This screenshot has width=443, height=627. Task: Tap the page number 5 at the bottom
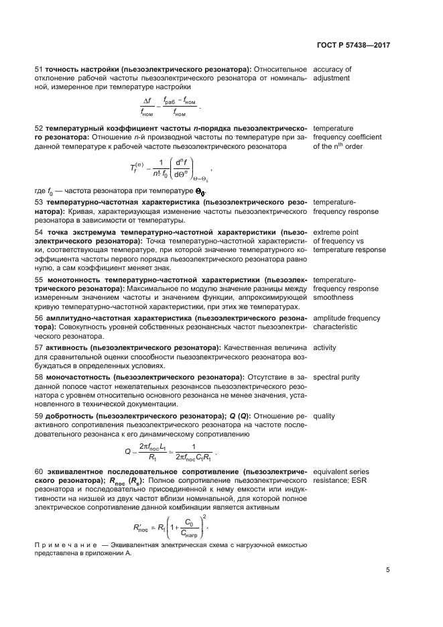click(x=388, y=570)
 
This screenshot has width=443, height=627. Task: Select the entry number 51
click(x=38, y=69)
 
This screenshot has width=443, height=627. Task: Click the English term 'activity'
click(x=325, y=347)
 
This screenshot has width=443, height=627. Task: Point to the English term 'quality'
click(x=324, y=416)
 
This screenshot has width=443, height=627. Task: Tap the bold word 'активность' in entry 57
click(x=68, y=347)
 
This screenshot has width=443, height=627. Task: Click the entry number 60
click(x=38, y=472)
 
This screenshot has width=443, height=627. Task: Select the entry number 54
click(x=38, y=232)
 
